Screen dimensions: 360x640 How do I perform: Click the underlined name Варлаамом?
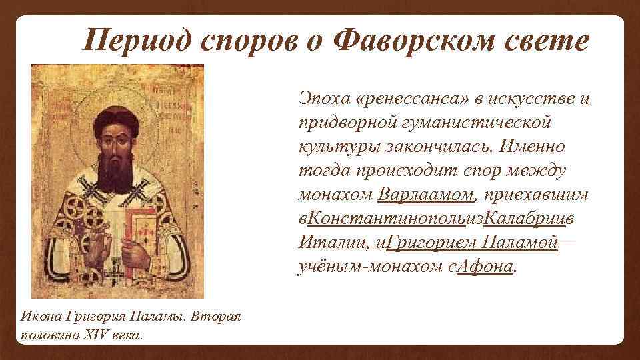coord(425,195)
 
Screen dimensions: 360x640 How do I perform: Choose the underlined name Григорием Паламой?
coord(471,243)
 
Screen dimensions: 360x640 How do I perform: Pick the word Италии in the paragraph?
coord(325,243)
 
